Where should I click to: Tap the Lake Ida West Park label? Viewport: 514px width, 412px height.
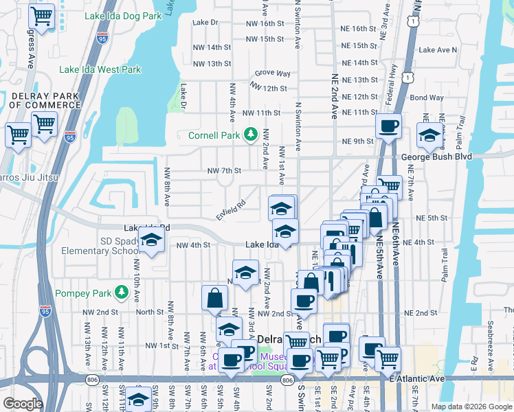pyautogui.click(x=100, y=69)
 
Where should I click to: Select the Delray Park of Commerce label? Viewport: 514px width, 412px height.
pyautogui.click(x=45, y=100)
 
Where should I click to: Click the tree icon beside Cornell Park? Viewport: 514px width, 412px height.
pyautogui.click(x=252, y=133)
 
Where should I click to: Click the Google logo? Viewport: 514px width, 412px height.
pyautogui.click(x=23, y=404)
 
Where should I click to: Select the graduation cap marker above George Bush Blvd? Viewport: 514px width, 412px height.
pyautogui.click(x=429, y=135)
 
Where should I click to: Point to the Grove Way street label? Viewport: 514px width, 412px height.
pyautogui.click(x=273, y=73)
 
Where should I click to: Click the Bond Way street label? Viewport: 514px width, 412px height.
pyautogui.click(x=427, y=98)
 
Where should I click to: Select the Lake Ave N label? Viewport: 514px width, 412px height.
pyautogui.click(x=438, y=50)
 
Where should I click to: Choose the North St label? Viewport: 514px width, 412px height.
pyautogui.click(x=149, y=312)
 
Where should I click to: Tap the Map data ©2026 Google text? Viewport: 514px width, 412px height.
pyautogui.click(x=471, y=406)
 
